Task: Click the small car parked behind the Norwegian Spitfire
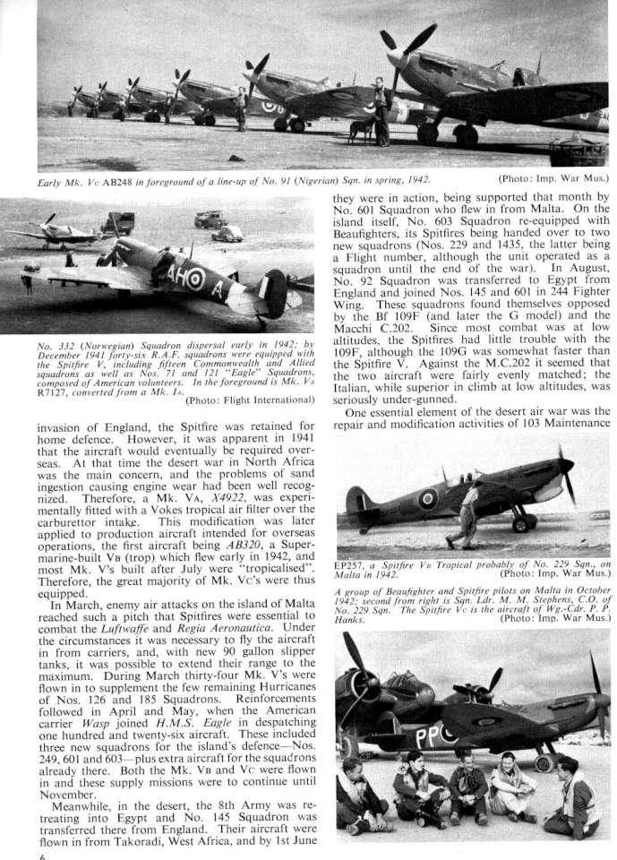coord(228,234)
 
